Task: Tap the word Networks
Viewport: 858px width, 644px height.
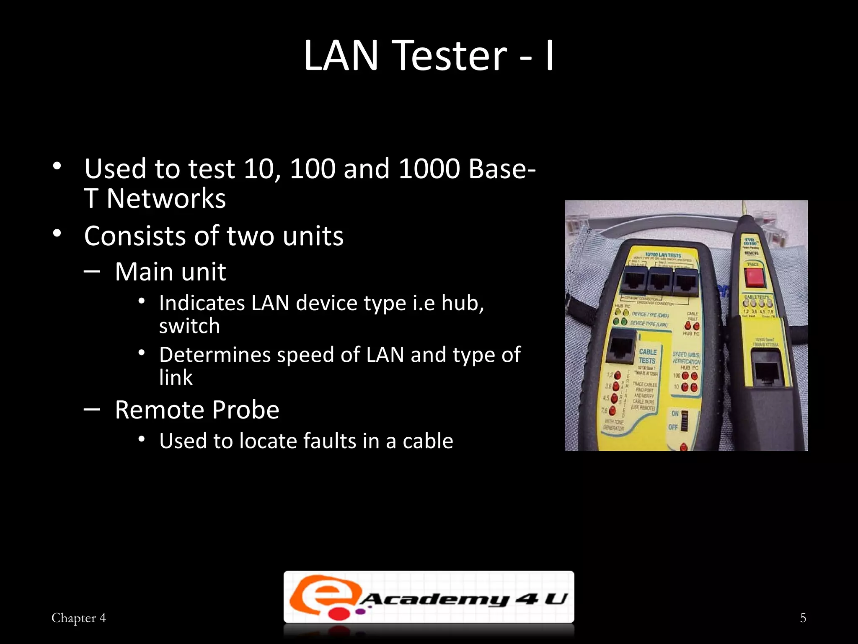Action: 166,199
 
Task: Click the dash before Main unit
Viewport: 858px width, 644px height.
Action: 92,271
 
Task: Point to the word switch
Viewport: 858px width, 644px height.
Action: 189,326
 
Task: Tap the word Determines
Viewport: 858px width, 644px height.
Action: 215,355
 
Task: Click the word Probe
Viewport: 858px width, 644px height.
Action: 246,410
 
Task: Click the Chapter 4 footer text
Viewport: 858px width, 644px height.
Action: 78,618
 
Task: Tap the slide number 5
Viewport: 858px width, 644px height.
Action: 803,618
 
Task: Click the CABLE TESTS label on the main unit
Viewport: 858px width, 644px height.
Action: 647,356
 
